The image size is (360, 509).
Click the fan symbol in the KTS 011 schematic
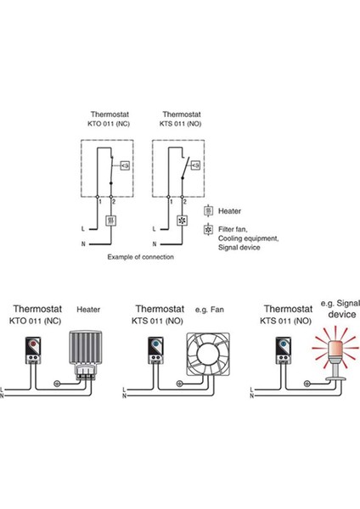(180, 220)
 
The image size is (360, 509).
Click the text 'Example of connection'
(141, 255)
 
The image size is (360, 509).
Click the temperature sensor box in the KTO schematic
(126, 165)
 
